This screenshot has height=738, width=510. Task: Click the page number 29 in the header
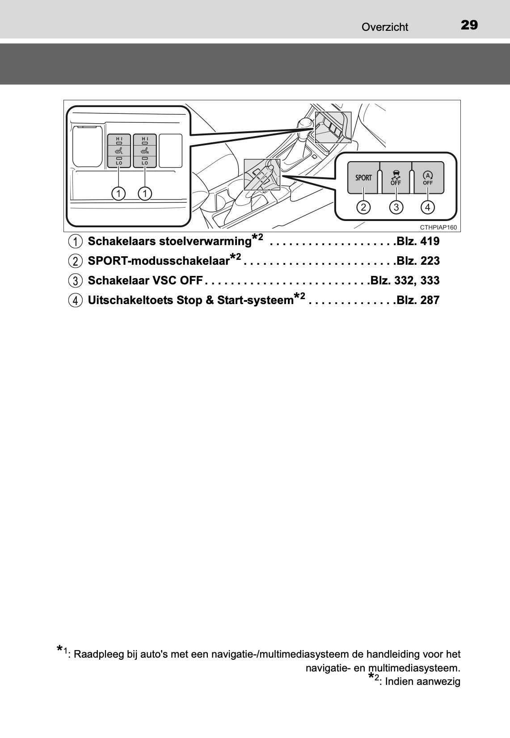469,25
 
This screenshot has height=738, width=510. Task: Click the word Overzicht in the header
384,27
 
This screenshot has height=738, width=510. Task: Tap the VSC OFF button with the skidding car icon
396,178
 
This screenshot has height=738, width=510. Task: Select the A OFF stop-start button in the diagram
428,178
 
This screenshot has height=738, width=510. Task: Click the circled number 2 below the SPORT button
363,207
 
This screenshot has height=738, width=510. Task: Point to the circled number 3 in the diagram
396,207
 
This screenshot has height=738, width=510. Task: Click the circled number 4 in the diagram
428,207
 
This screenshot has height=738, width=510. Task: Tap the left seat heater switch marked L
119,151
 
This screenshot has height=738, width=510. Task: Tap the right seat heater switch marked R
144,151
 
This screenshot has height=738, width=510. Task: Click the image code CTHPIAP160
438,227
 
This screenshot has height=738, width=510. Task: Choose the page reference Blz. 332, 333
405,281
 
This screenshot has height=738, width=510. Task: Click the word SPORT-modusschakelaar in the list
159,261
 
